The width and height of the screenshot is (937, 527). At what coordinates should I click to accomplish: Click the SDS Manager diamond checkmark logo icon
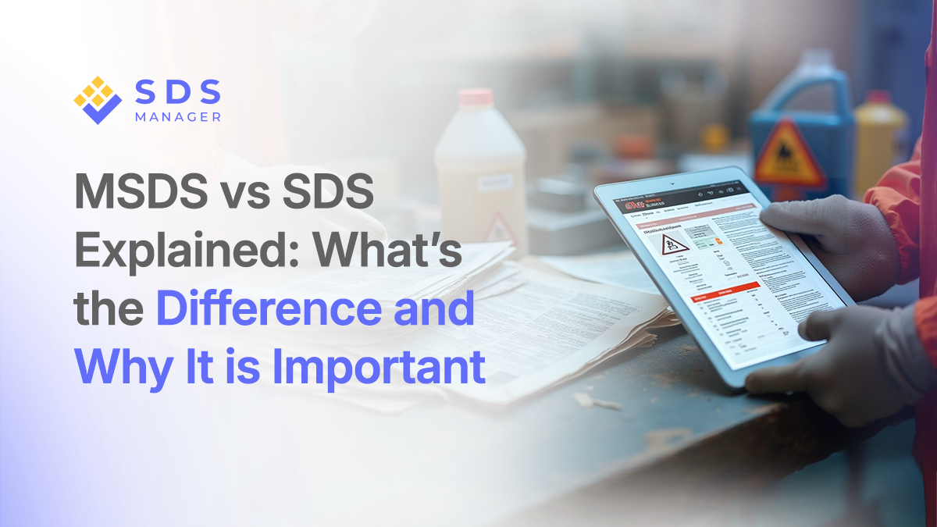click(x=98, y=101)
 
